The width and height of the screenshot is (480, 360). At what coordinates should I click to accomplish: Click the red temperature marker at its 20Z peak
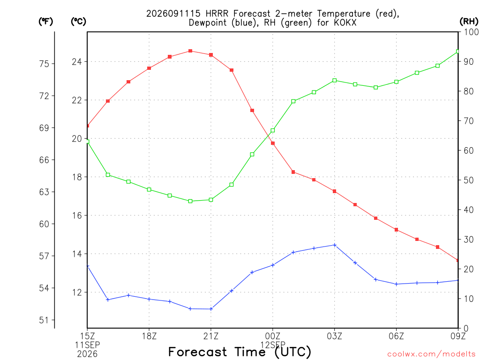(190, 51)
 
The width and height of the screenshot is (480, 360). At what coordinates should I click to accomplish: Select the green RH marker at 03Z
(335, 81)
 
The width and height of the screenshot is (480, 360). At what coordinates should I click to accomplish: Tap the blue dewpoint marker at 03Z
(335, 245)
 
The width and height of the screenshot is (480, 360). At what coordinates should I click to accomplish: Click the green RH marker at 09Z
(457, 52)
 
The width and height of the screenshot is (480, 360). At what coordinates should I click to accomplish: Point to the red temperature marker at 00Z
(273, 143)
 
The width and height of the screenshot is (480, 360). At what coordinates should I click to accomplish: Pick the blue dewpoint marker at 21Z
(211, 309)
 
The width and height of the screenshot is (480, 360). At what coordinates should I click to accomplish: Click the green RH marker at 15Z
(88, 142)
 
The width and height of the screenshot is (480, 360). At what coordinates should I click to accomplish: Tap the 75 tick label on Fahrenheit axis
(44, 64)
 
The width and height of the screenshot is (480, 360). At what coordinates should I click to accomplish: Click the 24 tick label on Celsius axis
(77, 62)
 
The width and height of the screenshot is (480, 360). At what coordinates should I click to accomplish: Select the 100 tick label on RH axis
(471, 32)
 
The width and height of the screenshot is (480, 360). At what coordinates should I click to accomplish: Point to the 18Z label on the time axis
(149, 336)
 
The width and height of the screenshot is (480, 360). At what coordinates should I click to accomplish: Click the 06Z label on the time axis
(396, 336)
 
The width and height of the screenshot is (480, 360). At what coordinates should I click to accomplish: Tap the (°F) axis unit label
(45, 22)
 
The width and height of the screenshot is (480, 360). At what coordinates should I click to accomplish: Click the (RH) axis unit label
(469, 21)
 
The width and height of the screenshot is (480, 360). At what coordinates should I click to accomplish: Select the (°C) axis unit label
(78, 22)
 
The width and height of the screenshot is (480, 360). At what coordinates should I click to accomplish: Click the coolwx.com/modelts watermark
(431, 354)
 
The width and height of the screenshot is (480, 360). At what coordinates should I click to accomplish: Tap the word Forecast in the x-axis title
(198, 352)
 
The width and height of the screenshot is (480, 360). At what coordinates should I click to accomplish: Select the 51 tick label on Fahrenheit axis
(44, 320)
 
